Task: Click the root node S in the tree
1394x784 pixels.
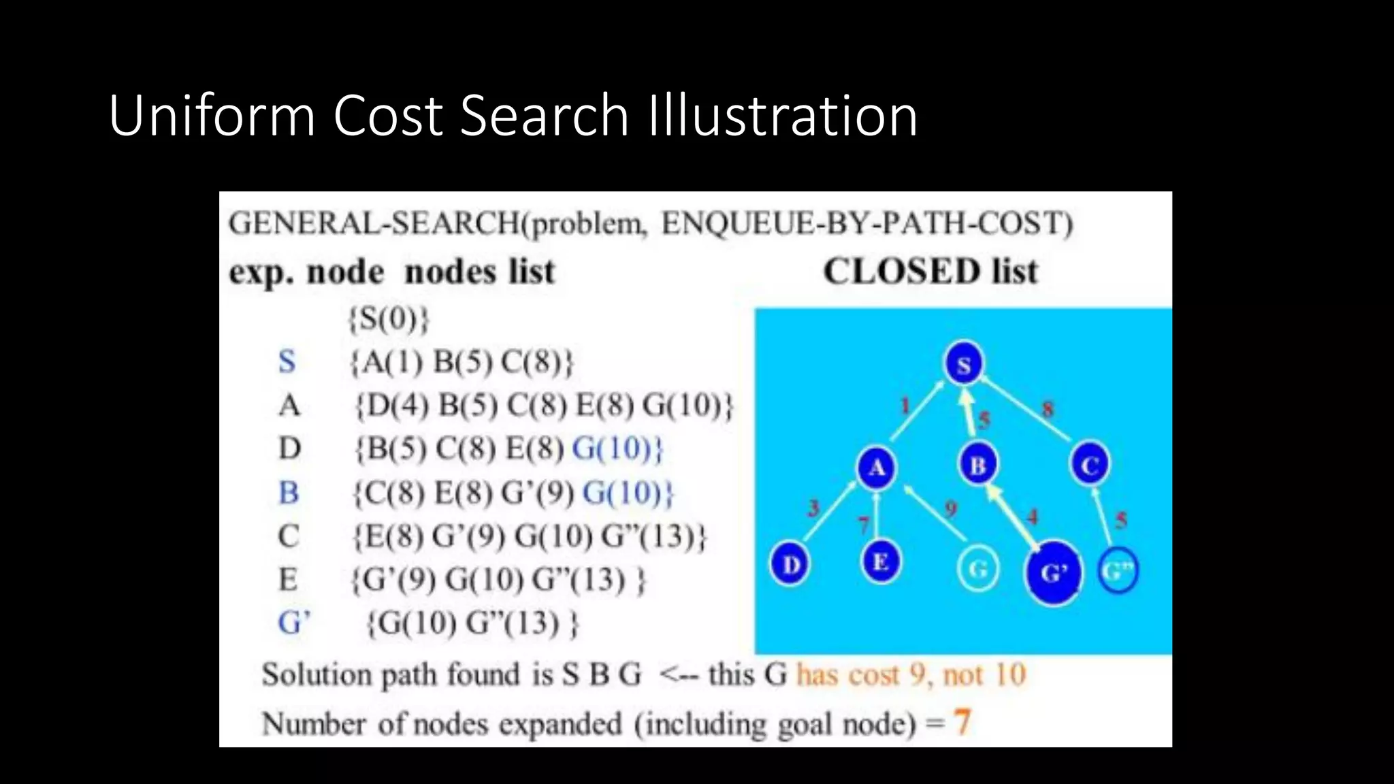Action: click(963, 364)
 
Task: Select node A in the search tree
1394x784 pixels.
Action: click(876, 468)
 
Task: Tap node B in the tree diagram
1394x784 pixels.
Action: click(978, 465)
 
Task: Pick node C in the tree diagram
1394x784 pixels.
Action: click(1090, 465)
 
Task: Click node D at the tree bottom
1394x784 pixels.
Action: click(790, 564)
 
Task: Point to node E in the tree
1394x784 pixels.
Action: click(880, 562)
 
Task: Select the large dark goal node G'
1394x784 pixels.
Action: click(1053, 572)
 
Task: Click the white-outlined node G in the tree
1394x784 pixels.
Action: click(978, 569)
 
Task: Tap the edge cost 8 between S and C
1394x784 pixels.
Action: click(1048, 409)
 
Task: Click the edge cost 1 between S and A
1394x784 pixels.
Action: click(905, 406)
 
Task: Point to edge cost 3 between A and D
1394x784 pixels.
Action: click(813, 508)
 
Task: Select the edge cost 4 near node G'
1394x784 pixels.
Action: click(1033, 517)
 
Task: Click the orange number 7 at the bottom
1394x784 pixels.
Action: click(962, 722)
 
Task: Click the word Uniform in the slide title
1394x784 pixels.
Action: click(212, 116)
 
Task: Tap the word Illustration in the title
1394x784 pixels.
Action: click(782, 116)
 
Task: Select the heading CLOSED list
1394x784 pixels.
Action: click(930, 272)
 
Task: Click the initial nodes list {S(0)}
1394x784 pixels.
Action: click(389, 318)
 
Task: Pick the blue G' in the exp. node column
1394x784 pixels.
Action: click(293, 623)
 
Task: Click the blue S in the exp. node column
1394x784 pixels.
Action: click(287, 361)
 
